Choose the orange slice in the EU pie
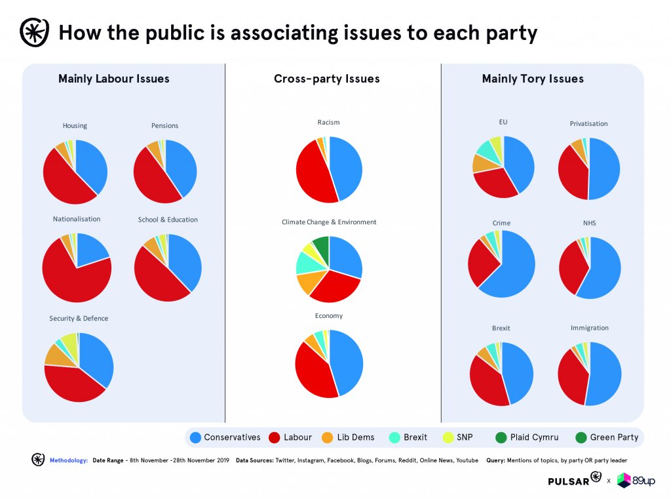pos(482,163)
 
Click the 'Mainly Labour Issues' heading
pos(114,79)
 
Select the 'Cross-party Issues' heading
pos(326,79)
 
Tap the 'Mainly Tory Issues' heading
pos(533,79)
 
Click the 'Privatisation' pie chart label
pos(588,123)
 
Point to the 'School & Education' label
pos(168,220)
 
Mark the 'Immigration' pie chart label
pos(590,328)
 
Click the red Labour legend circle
pos(274,437)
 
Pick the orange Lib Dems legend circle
pos(326,437)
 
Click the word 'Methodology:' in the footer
pos(69,461)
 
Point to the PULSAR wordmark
pos(567,481)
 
